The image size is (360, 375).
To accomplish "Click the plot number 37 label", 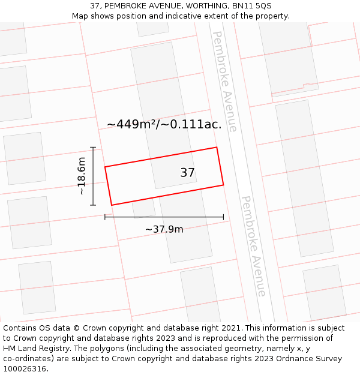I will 187,173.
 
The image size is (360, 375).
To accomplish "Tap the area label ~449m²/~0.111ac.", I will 164,125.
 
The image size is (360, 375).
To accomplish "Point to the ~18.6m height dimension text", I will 82,176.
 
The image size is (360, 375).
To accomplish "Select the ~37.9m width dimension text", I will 164,229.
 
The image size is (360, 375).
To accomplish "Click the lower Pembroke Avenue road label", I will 253,246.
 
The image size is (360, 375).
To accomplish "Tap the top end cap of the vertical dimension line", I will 93,147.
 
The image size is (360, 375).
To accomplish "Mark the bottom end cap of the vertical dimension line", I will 93,205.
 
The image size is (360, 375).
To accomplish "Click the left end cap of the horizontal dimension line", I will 105,217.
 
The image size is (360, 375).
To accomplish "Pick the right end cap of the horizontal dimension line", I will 223,217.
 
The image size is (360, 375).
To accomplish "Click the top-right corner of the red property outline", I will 217,147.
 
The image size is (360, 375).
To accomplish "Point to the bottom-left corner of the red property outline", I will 112,205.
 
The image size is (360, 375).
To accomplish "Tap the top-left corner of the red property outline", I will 105,167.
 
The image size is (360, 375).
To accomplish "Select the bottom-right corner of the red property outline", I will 223,185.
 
